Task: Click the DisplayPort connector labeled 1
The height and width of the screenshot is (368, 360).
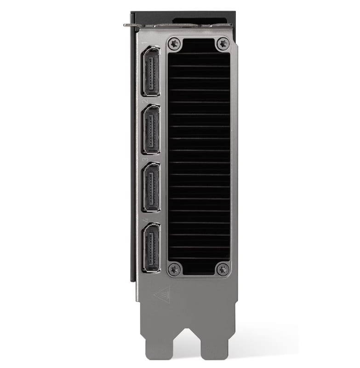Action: coord(151,71)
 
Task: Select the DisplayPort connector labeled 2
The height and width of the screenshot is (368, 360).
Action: coord(151,129)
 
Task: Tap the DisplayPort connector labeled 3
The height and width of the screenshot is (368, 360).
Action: coord(151,187)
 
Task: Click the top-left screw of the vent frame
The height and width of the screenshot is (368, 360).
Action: coord(174,44)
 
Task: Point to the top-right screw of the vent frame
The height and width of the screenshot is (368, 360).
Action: coord(223,44)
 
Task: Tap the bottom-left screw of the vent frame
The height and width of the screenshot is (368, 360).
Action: coord(174,270)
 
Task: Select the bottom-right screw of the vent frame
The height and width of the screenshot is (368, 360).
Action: coord(223,270)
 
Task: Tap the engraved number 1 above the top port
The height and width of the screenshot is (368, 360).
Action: coord(144,43)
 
